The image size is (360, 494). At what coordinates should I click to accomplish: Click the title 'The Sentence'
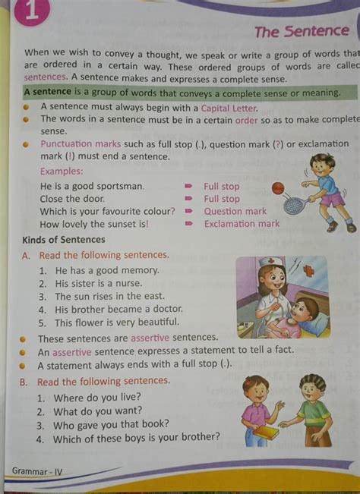(x=302, y=32)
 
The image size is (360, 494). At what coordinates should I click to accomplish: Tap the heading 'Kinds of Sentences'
(x=64, y=240)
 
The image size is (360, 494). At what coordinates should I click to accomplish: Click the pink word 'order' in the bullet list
(x=247, y=120)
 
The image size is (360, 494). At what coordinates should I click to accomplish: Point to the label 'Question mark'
(x=235, y=212)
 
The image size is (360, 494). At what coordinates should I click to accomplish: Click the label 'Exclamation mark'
(x=242, y=224)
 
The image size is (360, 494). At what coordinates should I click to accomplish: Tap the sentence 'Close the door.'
(x=72, y=199)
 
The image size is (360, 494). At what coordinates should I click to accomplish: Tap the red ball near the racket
(x=277, y=187)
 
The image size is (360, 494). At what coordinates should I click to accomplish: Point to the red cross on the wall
(x=310, y=270)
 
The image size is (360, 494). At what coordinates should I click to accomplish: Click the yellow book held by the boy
(x=265, y=432)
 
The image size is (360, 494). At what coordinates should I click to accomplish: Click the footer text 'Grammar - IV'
(x=37, y=471)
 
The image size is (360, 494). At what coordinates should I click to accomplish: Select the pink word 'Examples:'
(x=62, y=172)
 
